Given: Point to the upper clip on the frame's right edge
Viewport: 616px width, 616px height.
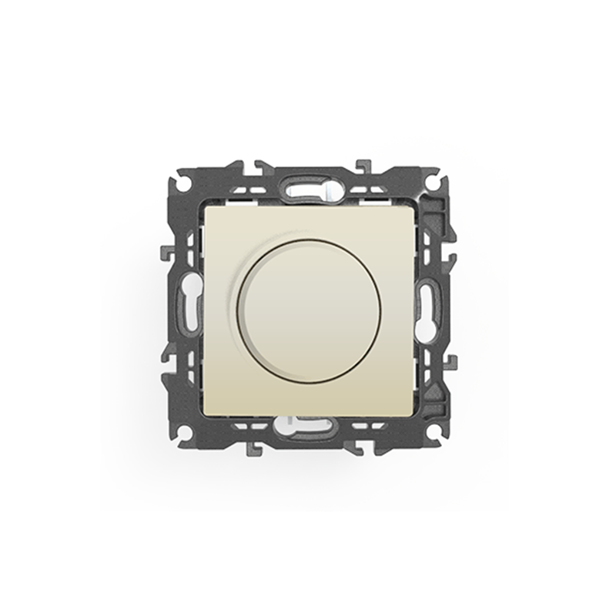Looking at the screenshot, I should (450, 253).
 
